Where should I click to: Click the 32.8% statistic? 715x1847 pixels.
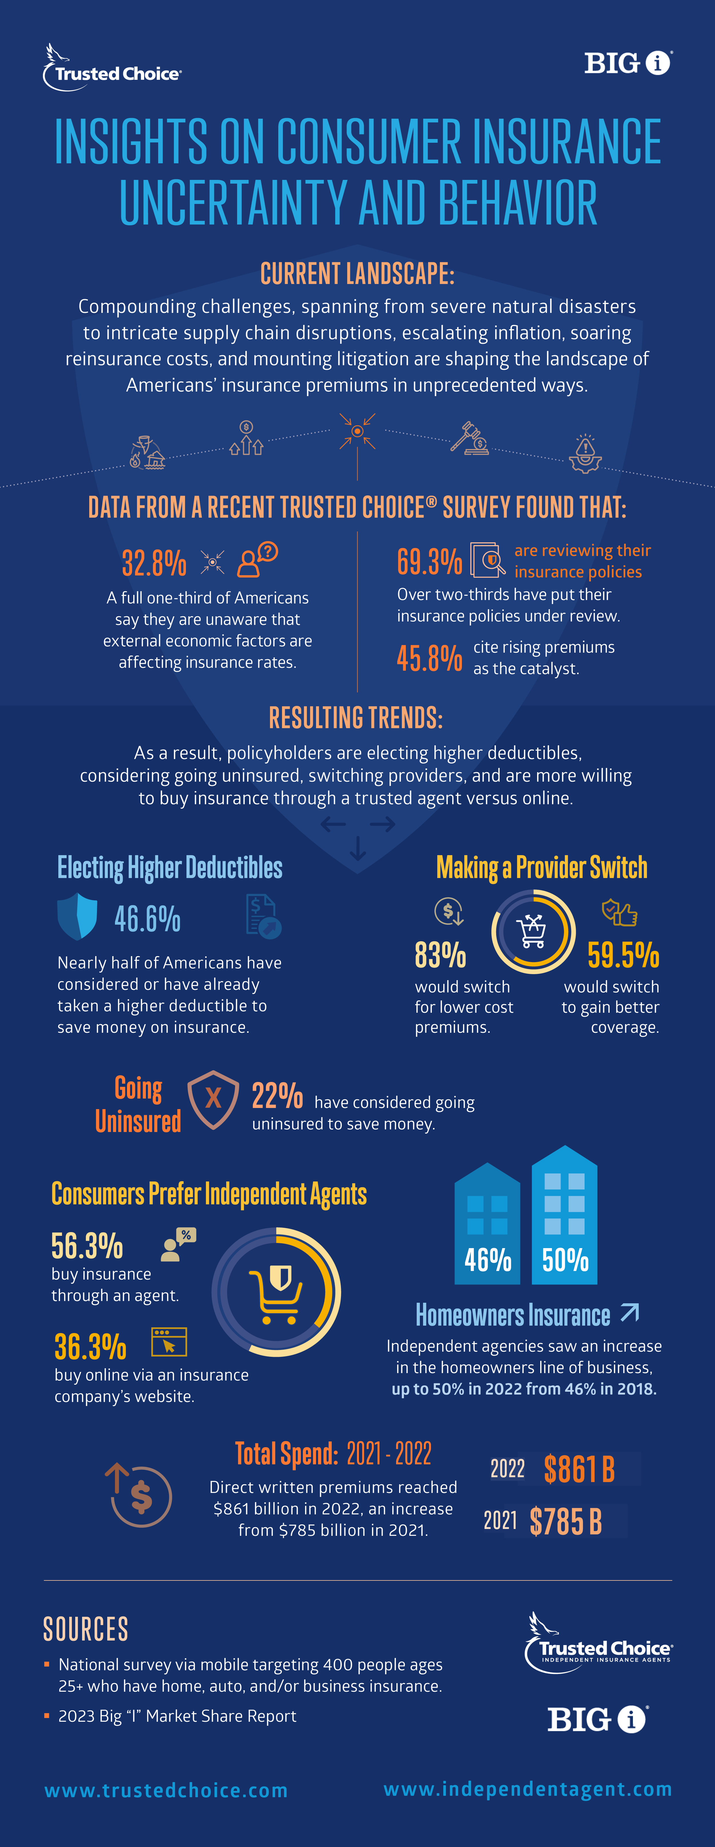click(154, 563)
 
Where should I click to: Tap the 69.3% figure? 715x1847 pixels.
click(430, 561)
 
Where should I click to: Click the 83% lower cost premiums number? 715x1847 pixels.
click(440, 955)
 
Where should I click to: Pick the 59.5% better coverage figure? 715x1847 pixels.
click(623, 955)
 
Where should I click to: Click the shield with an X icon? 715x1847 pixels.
click(213, 1099)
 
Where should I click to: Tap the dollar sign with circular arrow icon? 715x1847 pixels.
click(140, 1495)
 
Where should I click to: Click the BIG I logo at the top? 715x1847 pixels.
click(628, 63)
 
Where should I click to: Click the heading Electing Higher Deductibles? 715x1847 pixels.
click(170, 867)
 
